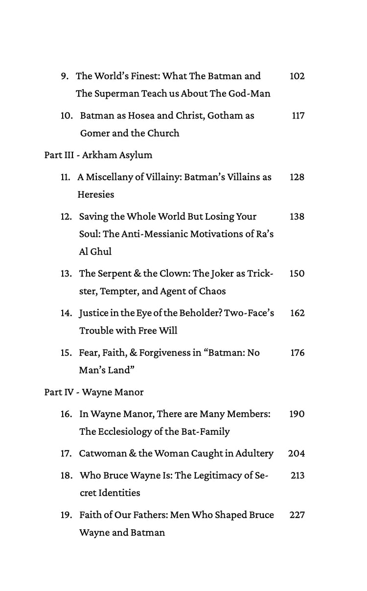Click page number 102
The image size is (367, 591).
[x=297, y=76]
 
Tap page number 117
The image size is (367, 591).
[x=298, y=116]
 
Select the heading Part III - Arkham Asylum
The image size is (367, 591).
[x=98, y=155]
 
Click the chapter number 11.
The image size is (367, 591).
[x=66, y=177]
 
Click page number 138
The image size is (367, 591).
[x=297, y=216]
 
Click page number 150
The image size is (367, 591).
[x=297, y=273]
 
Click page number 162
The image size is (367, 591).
[x=297, y=313]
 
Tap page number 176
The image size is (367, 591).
[x=297, y=353]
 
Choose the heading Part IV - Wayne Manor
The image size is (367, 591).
[x=94, y=392]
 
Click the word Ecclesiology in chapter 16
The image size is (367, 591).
[x=124, y=431]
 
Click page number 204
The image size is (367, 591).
[x=297, y=453]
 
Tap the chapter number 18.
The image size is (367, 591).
[x=66, y=475]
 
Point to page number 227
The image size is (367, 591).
[x=297, y=515]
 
